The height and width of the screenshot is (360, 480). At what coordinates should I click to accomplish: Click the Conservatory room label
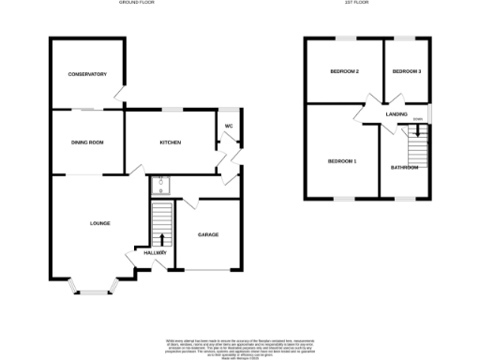(x=86, y=74)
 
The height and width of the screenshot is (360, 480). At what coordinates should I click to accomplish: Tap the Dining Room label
(x=86, y=142)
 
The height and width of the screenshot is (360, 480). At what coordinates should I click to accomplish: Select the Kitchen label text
(x=170, y=142)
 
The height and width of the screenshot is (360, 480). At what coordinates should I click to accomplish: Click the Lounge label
(x=99, y=223)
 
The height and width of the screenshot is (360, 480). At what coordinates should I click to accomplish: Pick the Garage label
(x=207, y=234)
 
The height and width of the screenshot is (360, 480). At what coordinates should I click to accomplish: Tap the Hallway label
(x=156, y=252)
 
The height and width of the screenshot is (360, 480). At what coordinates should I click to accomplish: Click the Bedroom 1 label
(x=342, y=161)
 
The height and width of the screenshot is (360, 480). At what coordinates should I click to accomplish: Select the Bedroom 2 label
(x=344, y=71)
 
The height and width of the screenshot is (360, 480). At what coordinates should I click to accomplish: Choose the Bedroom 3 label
(x=407, y=71)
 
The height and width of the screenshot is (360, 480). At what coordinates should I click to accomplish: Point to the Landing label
(x=397, y=114)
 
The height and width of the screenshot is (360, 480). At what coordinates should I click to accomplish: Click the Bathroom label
(x=405, y=168)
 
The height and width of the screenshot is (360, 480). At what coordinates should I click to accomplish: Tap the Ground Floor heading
(x=137, y=4)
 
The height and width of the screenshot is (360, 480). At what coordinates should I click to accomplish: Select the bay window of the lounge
(x=92, y=285)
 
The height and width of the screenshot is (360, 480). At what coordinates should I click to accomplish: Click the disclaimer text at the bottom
(x=239, y=344)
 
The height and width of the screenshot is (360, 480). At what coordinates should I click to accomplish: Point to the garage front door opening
(x=207, y=270)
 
